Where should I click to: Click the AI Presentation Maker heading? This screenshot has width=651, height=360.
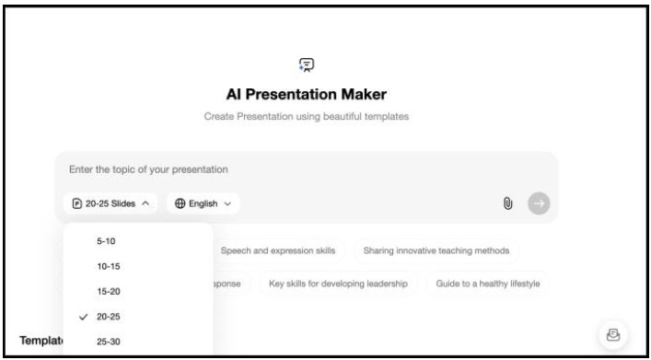[x=306, y=95]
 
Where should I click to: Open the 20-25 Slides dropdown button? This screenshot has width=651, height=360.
[x=111, y=203]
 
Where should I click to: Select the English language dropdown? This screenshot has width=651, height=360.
[x=203, y=203]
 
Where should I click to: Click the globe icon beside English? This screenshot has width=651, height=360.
[x=180, y=203]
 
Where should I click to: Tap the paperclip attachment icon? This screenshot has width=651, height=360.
[x=506, y=203]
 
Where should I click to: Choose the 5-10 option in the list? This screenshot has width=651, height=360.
[x=106, y=241]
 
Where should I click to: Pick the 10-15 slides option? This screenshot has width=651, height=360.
[x=108, y=266]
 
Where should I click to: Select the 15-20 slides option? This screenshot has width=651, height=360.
[x=108, y=291]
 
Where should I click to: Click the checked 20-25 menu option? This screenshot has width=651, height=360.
[x=108, y=317]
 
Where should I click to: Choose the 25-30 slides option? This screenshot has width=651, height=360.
[x=108, y=342]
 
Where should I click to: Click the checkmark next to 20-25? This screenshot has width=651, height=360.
[x=83, y=317]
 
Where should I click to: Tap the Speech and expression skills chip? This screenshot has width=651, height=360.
[x=276, y=250]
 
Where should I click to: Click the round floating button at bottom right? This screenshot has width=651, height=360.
[x=612, y=335]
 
